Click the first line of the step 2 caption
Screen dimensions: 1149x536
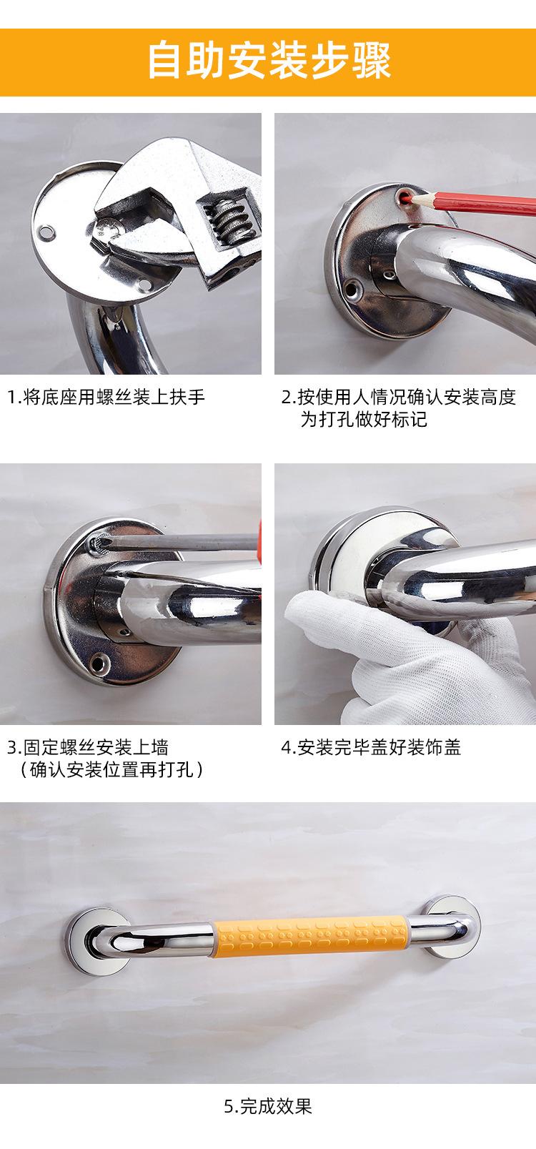(x=398, y=398)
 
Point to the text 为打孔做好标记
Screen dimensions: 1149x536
(x=363, y=420)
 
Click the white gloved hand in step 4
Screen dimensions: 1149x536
(x=372, y=643)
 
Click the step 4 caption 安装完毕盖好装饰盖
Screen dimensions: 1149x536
(x=371, y=748)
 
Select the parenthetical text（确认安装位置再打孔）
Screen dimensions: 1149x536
(x=108, y=770)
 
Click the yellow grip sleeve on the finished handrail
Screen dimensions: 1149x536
(x=312, y=933)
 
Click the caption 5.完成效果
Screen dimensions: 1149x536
(x=268, y=1108)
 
